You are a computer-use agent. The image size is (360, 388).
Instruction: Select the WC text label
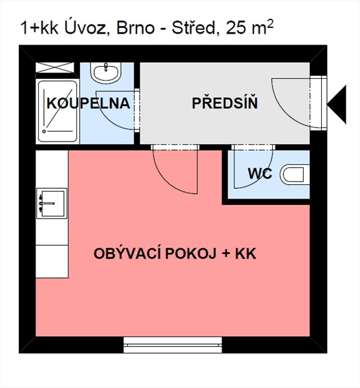[x=260, y=174]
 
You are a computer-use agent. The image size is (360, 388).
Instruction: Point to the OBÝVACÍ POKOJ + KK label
[x=175, y=253]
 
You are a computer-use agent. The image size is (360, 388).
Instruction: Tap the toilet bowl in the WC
[x=295, y=174]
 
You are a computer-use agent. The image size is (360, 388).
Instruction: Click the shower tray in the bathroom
[x=57, y=112]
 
